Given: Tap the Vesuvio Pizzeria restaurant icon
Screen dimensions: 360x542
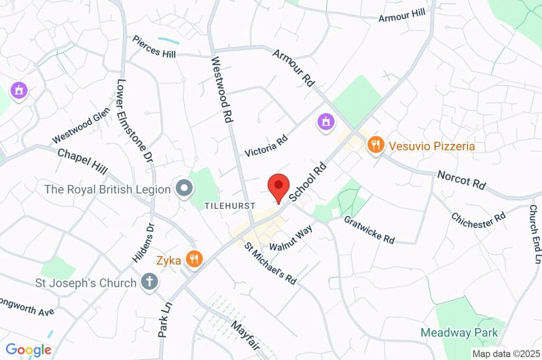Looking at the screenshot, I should click(x=375, y=145).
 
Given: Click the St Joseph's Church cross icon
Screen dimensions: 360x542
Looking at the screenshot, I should click(x=149, y=282).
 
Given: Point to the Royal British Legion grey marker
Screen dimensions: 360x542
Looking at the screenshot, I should click(x=185, y=188).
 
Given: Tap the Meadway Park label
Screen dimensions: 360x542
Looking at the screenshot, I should click(x=459, y=332).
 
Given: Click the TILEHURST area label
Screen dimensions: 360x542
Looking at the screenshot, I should click(x=230, y=205).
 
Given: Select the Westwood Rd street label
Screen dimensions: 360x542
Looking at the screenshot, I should click(x=222, y=91).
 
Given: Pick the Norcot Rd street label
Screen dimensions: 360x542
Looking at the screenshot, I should click(x=462, y=181).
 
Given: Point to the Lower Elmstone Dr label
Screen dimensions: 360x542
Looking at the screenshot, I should click(x=134, y=121).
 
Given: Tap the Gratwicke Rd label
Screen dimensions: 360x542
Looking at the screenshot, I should click(x=369, y=230).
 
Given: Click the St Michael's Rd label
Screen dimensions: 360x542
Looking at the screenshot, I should click(x=270, y=263).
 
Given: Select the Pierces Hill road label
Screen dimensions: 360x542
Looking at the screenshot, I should click(x=154, y=47).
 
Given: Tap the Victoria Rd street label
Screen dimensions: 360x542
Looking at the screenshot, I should click(x=266, y=144).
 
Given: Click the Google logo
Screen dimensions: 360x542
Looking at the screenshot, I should click(x=29, y=349).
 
